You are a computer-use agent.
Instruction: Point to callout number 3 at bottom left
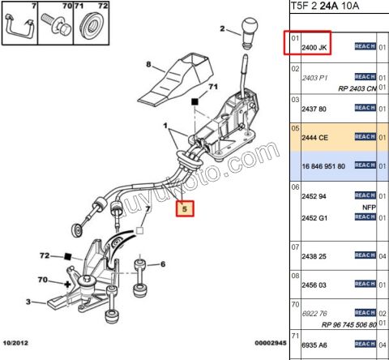click(28, 302)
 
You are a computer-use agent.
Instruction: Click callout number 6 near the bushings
click(162, 264)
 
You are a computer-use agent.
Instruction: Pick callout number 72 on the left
click(45, 255)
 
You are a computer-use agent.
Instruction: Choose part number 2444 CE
click(315, 138)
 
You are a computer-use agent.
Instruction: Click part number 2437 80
click(315, 108)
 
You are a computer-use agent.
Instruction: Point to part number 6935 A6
click(315, 345)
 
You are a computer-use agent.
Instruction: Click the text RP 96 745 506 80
click(349, 324)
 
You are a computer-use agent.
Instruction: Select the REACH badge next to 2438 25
click(365, 255)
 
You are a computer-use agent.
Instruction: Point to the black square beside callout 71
click(194, 103)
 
